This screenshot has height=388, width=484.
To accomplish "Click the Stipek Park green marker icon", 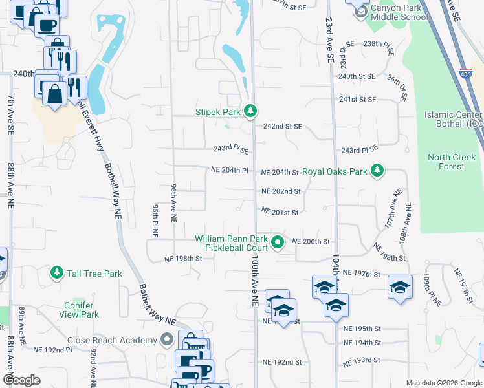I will tap(251, 112).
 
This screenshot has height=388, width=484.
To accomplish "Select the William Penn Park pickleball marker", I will tap(278, 243).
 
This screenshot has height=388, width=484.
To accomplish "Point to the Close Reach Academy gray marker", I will tap(168, 339).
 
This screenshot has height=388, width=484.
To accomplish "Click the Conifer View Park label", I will tap(82, 310).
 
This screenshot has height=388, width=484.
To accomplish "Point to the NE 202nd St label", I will tap(281, 191).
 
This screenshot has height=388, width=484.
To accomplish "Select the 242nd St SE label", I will tap(283, 127).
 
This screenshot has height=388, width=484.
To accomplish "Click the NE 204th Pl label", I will tap(230, 171).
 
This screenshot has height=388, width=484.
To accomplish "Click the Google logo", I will tap(21, 380).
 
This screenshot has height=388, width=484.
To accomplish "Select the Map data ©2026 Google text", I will tap(443, 383).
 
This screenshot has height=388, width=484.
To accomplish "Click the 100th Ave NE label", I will tap(254, 278).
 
